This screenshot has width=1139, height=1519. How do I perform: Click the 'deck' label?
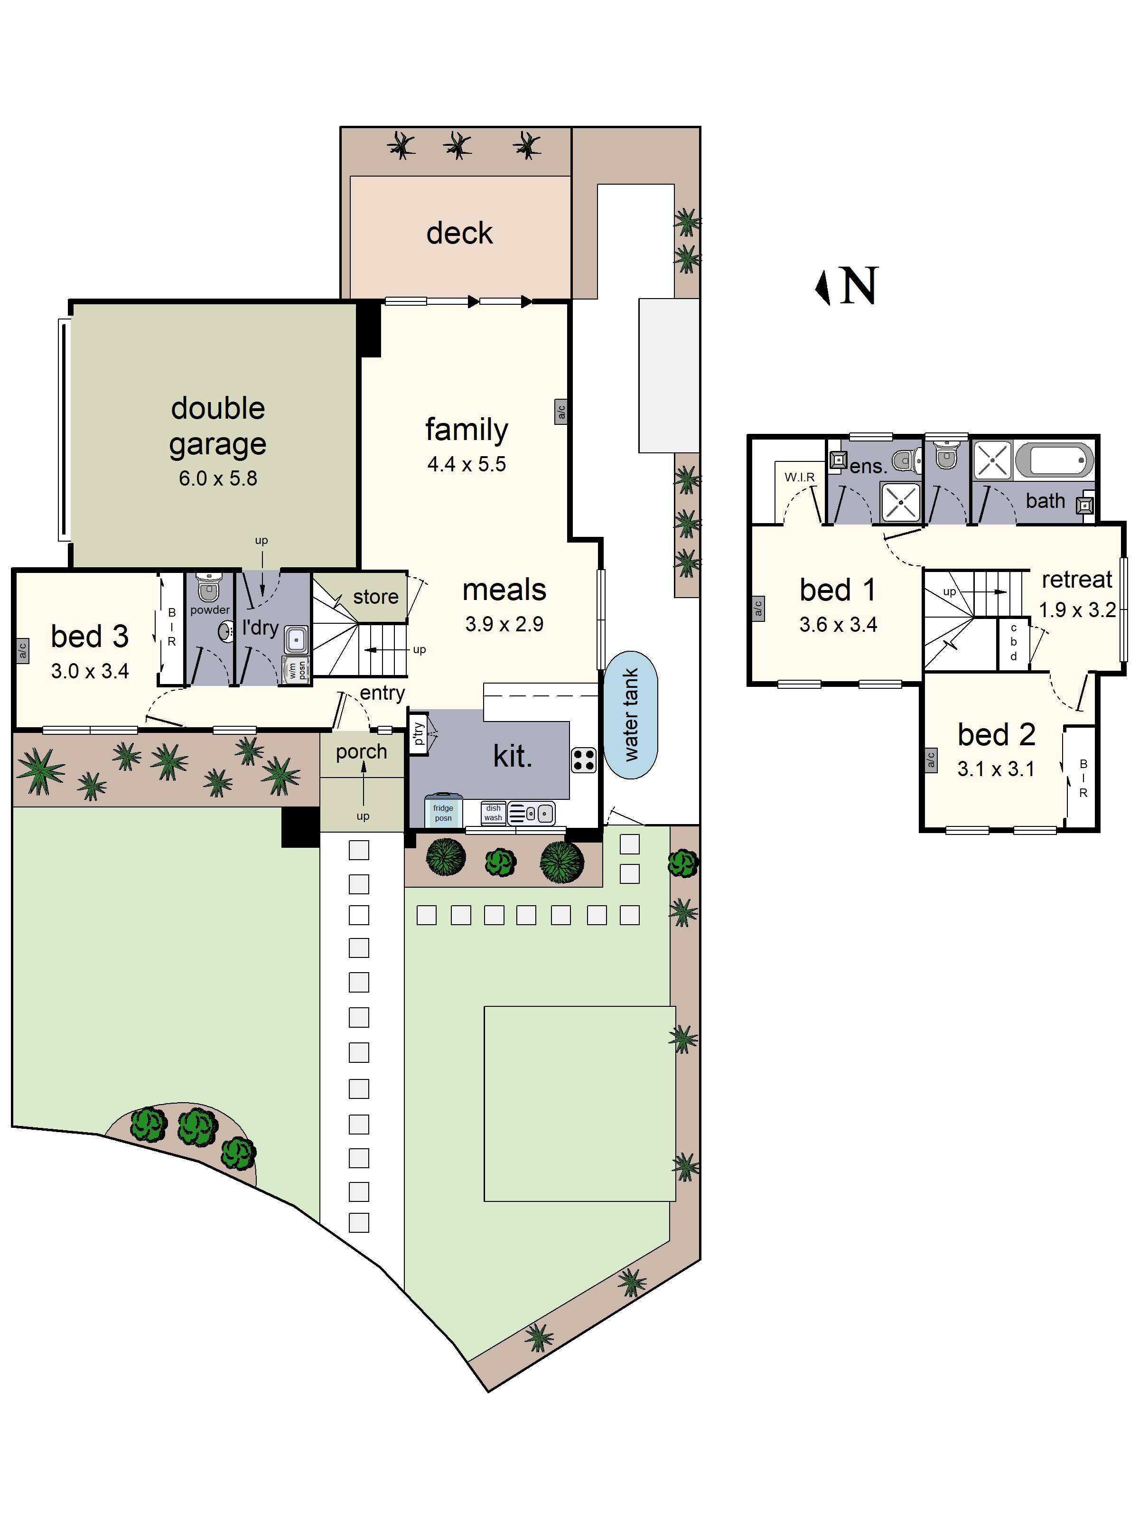[459, 234]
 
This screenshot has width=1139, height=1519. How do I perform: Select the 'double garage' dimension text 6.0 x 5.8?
[218, 478]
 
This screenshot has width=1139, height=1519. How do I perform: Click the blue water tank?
[631, 714]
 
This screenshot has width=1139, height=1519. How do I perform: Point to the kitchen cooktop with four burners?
[584, 760]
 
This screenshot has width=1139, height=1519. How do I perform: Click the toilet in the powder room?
[208, 587]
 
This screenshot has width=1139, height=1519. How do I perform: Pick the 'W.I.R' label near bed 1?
[799, 477]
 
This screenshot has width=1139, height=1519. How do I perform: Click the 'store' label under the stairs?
[375, 597]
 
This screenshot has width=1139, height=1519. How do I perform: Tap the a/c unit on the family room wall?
[561, 412]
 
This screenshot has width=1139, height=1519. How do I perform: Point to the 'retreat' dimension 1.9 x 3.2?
[1076, 610]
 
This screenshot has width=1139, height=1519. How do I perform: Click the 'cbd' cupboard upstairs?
[1013, 643]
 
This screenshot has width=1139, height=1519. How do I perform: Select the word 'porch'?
[361, 752]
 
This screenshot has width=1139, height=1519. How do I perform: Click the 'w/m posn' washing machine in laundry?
[297, 670]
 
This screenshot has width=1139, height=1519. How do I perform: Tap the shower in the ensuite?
[899, 501]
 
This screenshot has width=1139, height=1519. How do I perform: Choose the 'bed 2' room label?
[996, 735]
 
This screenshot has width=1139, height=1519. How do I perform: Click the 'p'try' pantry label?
[418, 733]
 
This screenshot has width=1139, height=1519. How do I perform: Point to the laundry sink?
[296, 639]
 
